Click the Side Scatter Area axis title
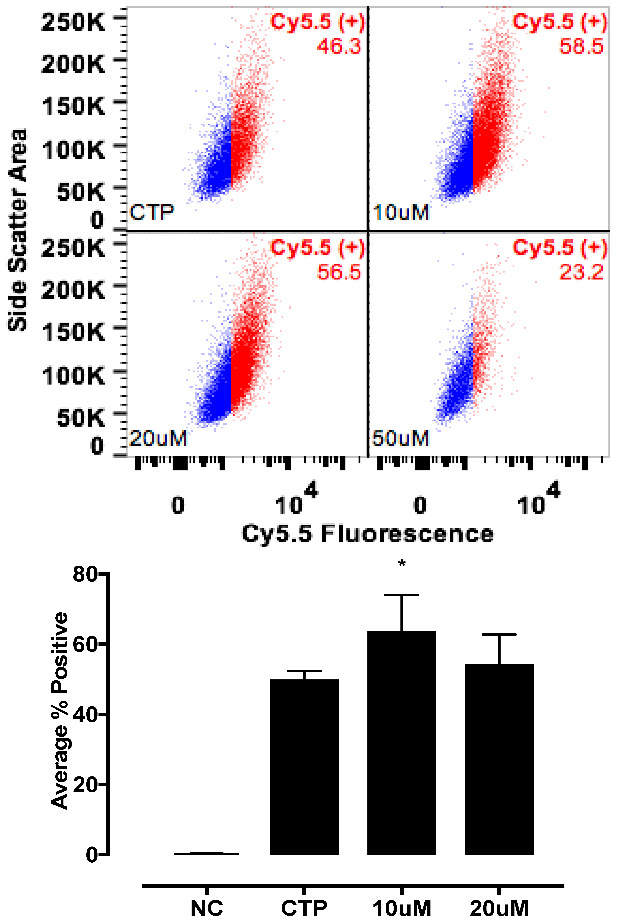[18, 230]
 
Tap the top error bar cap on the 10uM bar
[401, 595]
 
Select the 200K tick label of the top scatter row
[73, 64]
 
